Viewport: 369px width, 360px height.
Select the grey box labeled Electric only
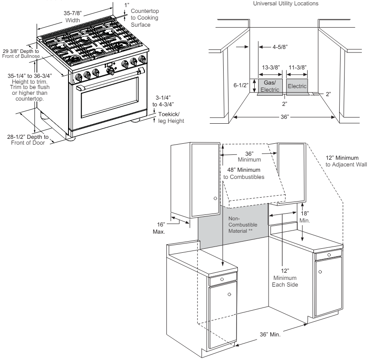click(x=297, y=86)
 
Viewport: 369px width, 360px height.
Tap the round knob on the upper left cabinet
click(x=215, y=197)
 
